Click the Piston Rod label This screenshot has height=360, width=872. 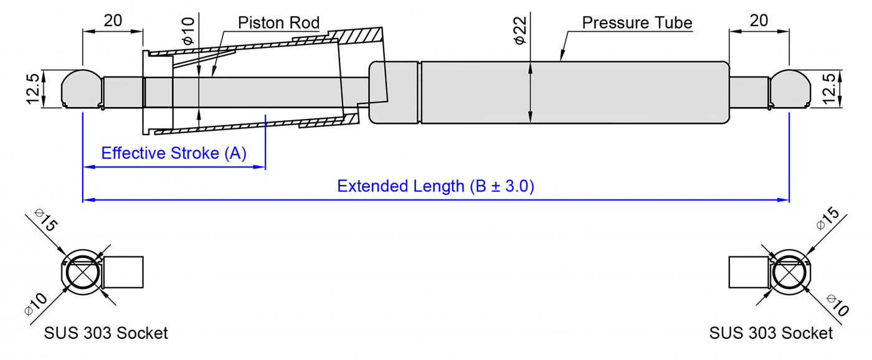[278, 24]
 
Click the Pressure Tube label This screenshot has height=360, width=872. [637, 23]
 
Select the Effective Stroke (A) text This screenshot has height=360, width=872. [174, 153]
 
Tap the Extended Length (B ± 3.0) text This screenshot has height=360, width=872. [435, 186]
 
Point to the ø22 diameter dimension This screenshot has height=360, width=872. [520, 30]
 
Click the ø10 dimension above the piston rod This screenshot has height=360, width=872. [188, 31]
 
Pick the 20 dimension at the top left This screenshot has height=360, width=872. [113, 21]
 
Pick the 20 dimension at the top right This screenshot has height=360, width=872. [759, 21]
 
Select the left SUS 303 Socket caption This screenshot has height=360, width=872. [106, 333]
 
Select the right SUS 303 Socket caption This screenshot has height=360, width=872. [770, 333]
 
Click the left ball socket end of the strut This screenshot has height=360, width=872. [82, 88]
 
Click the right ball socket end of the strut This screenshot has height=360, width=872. [789, 88]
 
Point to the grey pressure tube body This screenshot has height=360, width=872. [573, 92]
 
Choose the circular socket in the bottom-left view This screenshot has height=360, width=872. [83, 272]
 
